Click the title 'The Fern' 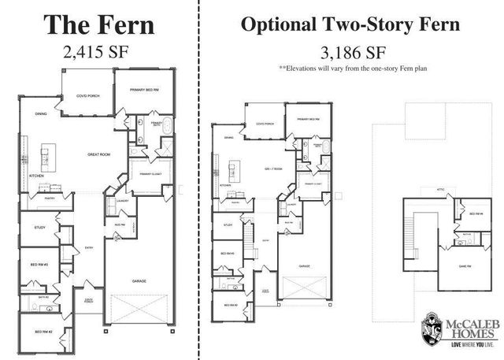point(98,24)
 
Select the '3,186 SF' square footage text point(350,54)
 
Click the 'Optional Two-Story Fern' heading point(350,24)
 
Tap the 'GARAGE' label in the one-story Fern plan point(141,280)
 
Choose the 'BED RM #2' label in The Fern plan point(43,332)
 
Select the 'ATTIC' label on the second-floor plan point(441,189)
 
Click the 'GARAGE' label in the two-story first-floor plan point(303,266)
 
